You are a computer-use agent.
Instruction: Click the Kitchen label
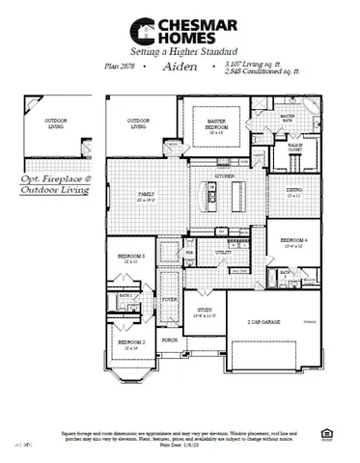224,177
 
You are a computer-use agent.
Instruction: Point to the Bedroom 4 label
293,241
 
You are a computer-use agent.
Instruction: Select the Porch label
169,340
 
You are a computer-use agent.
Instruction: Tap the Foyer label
169,301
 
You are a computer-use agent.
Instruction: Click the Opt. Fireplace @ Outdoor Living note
55,184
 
